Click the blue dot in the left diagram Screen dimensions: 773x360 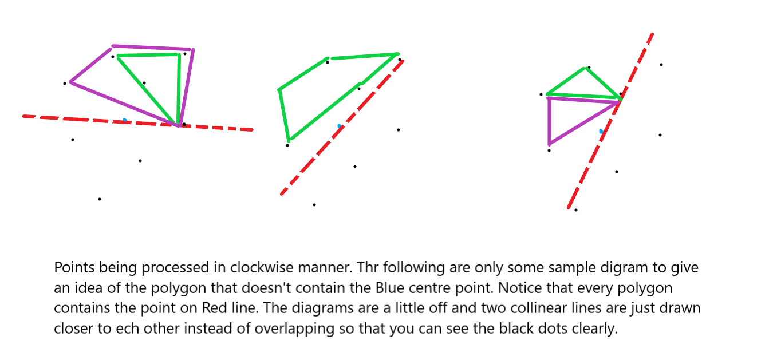pos(125,120)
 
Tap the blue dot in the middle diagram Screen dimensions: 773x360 pos(340,126)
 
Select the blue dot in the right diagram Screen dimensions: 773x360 pos(601,132)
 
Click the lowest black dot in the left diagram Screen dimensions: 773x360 pos(100,199)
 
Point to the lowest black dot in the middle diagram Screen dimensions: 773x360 pos(314,205)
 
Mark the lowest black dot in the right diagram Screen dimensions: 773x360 pos(576,210)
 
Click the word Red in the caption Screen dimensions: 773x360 pos(214,308)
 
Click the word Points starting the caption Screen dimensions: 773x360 pos(71,267)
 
